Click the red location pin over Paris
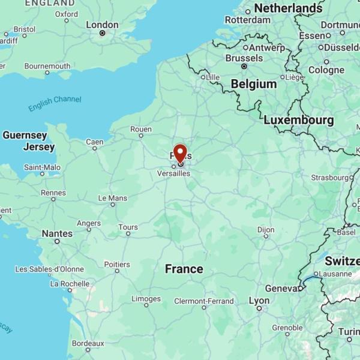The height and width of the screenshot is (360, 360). [180, 152]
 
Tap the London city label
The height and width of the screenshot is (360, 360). [102, 25]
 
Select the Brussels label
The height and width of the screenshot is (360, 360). [244, 58]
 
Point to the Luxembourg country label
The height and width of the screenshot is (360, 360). [298, 120]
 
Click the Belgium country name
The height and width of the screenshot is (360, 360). [254, 84]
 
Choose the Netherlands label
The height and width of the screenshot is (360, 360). [288, 8]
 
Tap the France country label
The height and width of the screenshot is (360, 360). [184, 269]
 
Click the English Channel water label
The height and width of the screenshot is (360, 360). [55, 103]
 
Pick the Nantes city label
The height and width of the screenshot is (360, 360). [57, 233]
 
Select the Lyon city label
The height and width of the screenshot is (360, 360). [259, 301]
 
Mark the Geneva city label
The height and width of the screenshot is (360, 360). [281, 289]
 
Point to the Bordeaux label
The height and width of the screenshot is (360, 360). [88, 343]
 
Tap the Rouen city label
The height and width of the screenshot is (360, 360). [141, 129]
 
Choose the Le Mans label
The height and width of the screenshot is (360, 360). [113, 198]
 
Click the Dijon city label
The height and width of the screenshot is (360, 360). [266, 230]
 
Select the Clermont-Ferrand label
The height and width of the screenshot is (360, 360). [203, 301]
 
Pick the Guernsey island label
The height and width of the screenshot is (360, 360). [25, 136]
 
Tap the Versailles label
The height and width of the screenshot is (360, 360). [173, 173]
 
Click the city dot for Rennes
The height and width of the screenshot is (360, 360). [53, 201]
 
